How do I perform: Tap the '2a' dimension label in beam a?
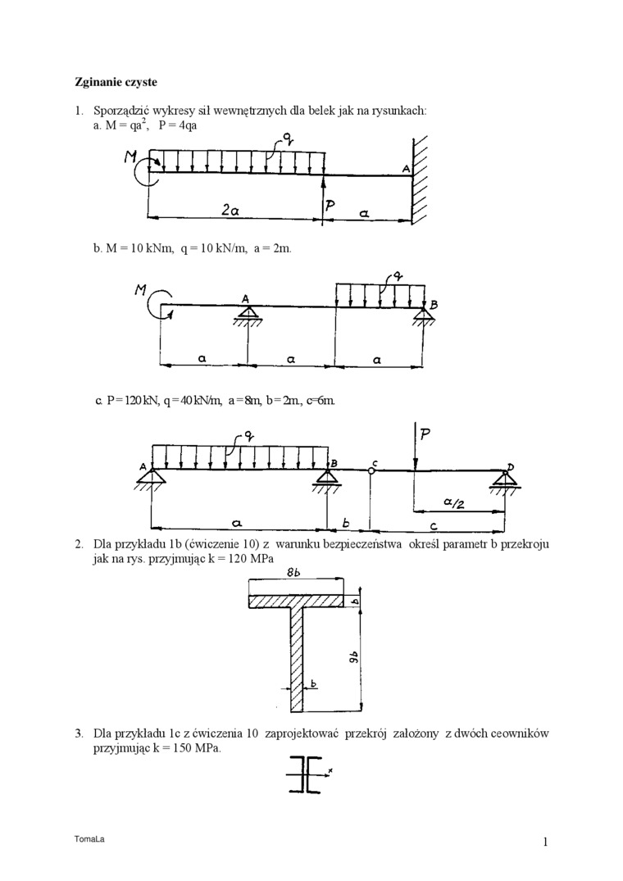[x=231, y=210]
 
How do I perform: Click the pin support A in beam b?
[x=246, y=314]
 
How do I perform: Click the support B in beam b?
[x=423, y=314]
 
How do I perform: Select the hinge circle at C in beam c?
[x=370, y=470]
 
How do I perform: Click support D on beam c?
[x=502, y=479]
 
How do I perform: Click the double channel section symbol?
[x=305, y=775]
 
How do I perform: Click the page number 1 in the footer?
[x=544, y=842]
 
